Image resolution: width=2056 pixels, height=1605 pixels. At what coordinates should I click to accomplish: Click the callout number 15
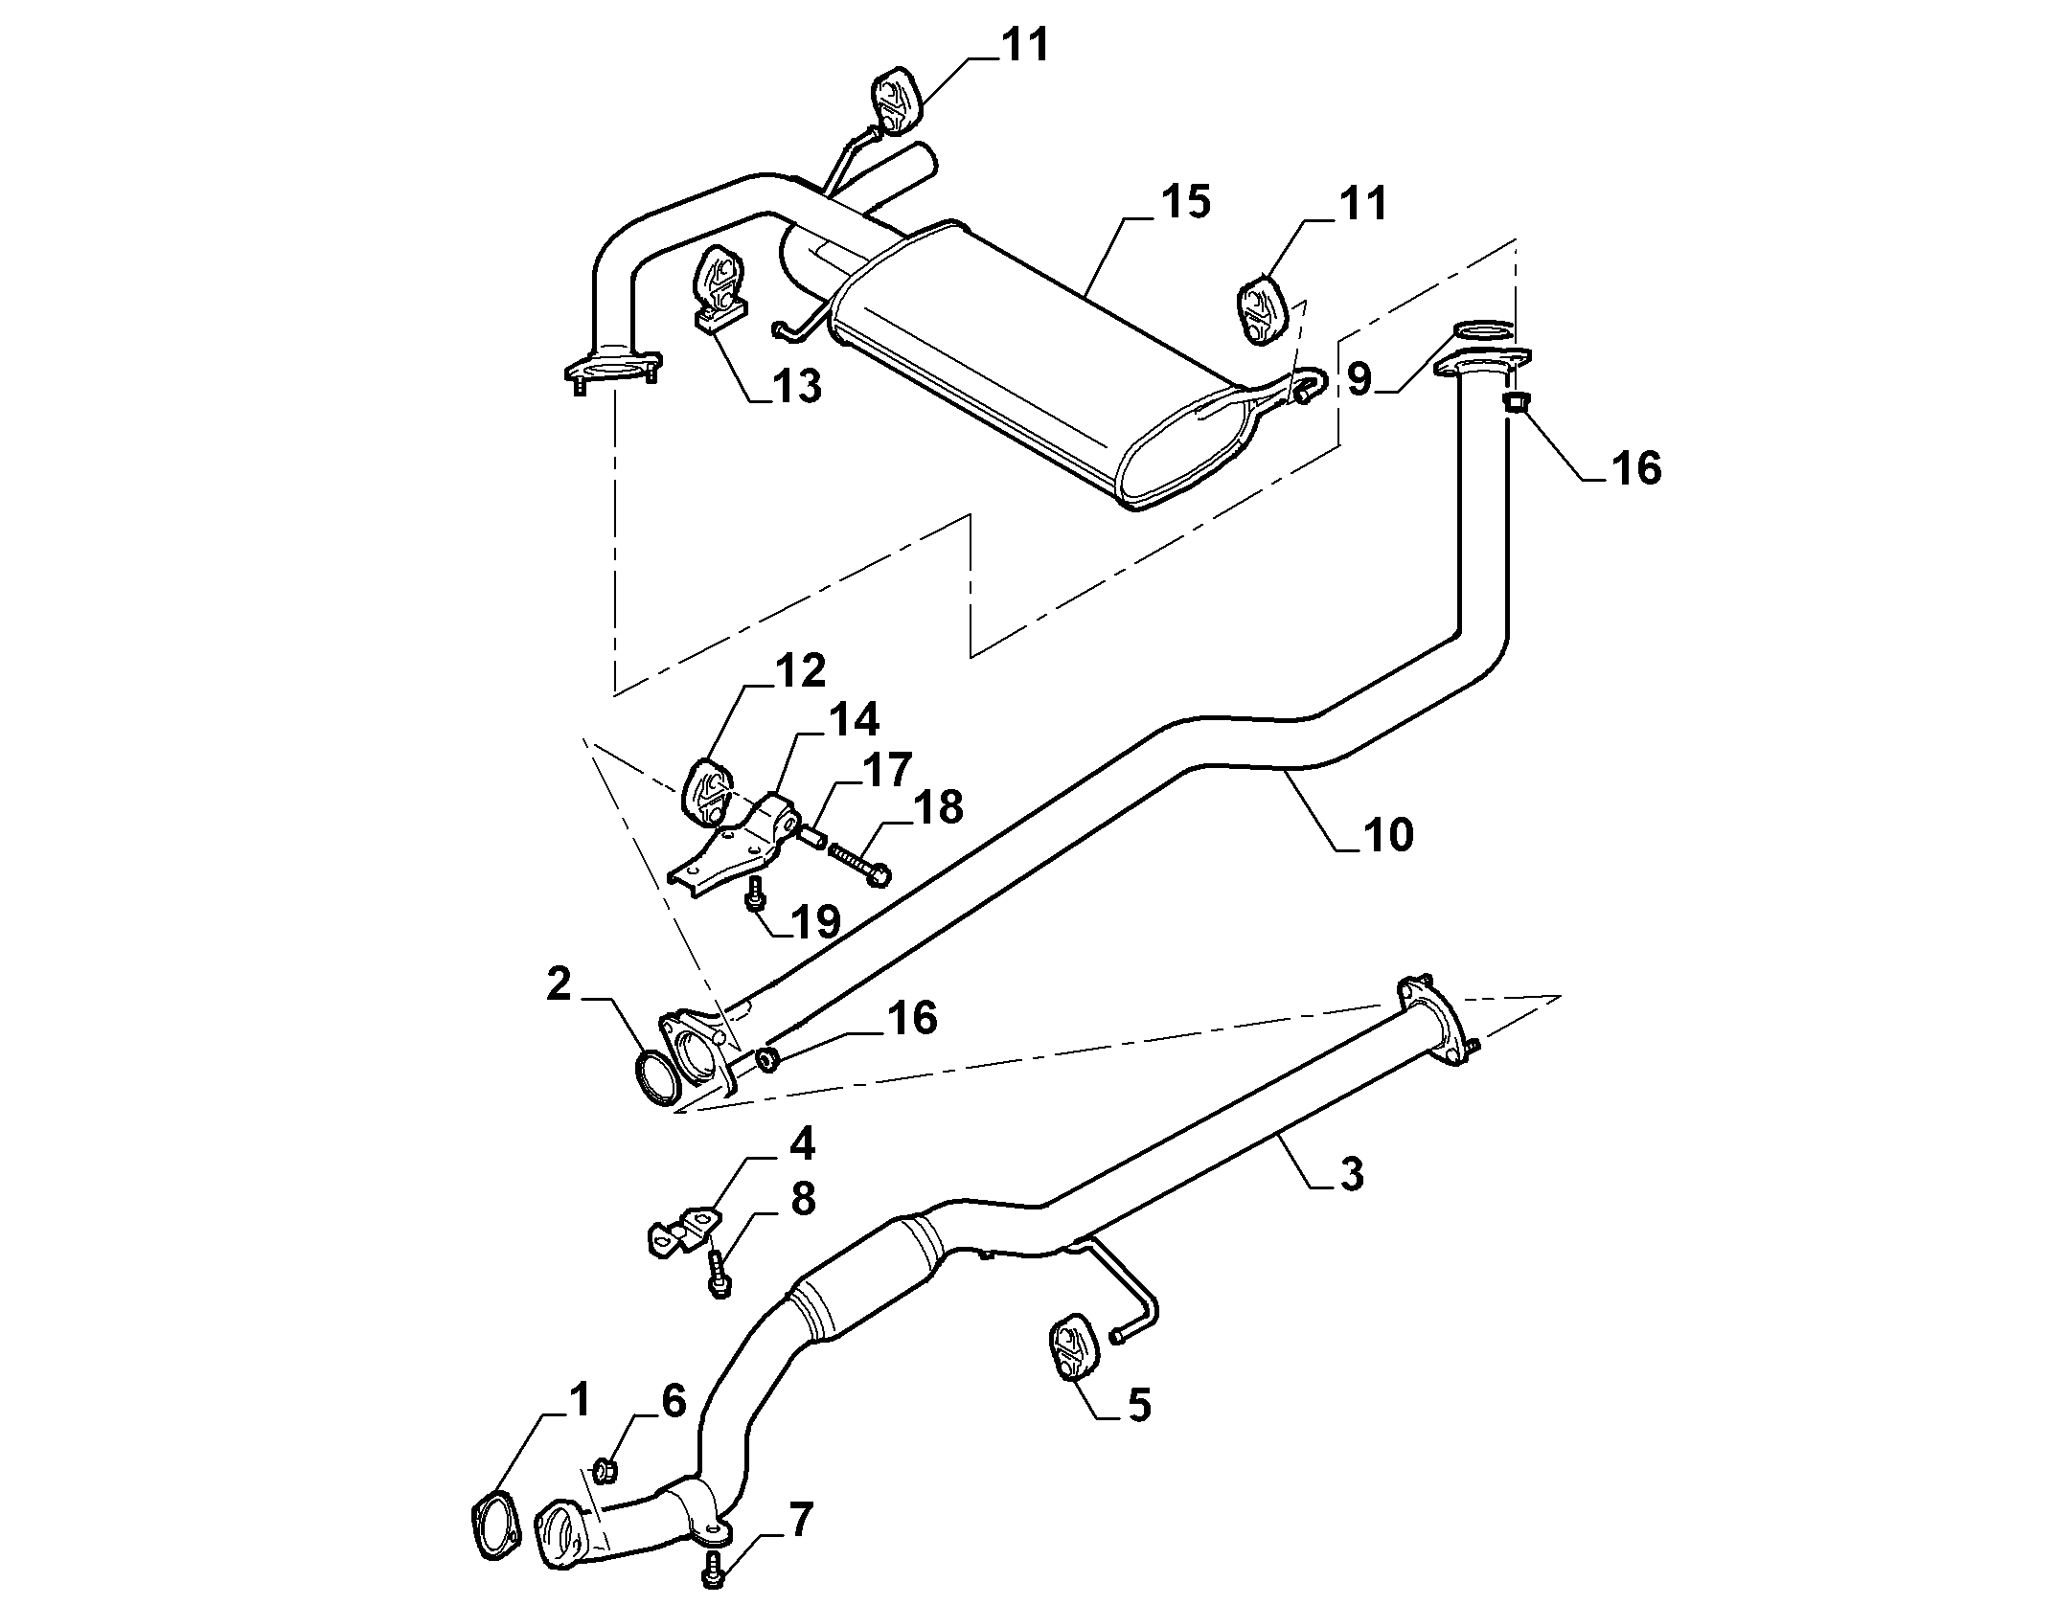[x=1186, y=202]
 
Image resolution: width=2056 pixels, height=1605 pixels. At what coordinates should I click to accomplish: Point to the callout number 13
[x=796, y=387]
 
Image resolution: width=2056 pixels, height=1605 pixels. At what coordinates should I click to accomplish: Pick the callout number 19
[x=815, y=921]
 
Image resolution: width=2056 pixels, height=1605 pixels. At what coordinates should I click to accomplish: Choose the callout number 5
[x=1138, y=1406]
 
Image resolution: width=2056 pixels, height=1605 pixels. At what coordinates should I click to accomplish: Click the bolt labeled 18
[x=857, y=858]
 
